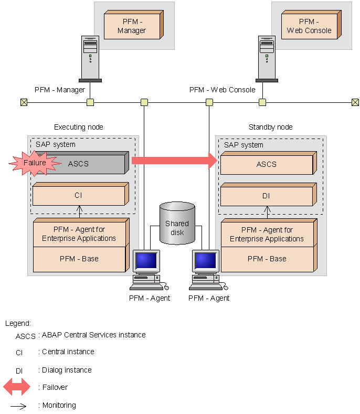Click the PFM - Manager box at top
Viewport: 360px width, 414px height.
click(132, 26)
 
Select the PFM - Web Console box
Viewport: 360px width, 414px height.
click(309, 26)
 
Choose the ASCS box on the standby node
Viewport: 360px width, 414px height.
click(267, 164)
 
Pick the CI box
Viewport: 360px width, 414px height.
click(79, 196)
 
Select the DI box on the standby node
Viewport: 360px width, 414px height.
click(267, 196)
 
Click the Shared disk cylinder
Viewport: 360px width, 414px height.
click(177, 224)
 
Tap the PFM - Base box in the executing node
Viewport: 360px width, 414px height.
click(79, 259)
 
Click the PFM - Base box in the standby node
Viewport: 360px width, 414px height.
click(267, 259)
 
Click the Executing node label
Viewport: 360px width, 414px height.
click(79, 128)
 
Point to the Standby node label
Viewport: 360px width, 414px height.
click(270, 128)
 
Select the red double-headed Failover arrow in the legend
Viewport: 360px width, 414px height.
click(17, 388)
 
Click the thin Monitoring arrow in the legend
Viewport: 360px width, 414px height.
click(19, 406)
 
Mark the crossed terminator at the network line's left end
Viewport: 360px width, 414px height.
click(24, 102)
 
